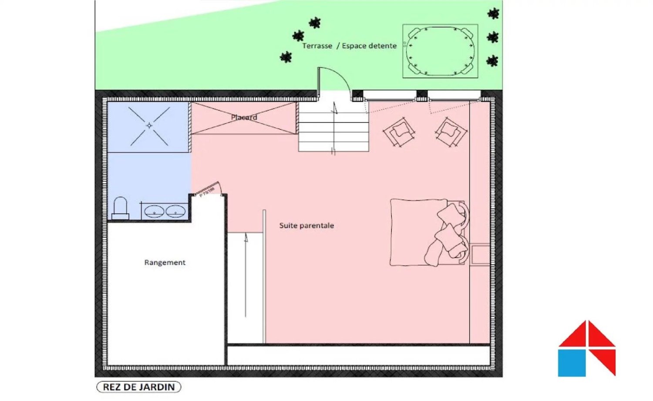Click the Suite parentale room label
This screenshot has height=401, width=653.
pos(306,225)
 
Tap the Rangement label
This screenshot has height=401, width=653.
pos(165,262)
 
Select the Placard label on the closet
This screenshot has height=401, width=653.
pos(244,117)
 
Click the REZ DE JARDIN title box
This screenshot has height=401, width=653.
pos(138,387)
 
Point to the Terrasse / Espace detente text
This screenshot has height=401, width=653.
pos(349,46)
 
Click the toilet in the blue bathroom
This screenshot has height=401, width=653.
pos(120,208)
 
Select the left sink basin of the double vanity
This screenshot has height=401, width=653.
pos(154,212)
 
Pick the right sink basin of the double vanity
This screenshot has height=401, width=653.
pos(175,212)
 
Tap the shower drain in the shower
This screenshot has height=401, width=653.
pos(149,126)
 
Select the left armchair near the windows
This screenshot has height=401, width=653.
pos(399,132)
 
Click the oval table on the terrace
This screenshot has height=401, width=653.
pos(440,51)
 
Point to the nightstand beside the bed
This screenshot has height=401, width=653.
pos(480,254)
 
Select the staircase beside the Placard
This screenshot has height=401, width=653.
pos(333,127)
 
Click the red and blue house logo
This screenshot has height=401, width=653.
pos(586,349)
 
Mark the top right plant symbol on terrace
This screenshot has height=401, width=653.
pos(493,14)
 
